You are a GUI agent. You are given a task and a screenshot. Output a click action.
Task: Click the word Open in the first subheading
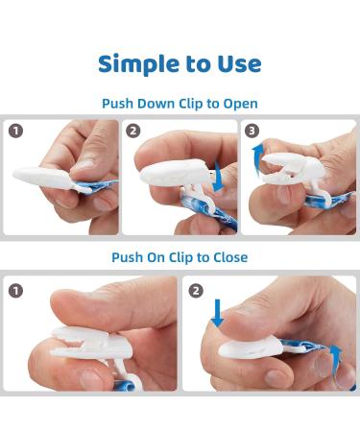pyautogui.click(x=240, y=104)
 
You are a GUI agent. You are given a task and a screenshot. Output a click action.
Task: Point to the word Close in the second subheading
pyautogui.click(x=230, y=257)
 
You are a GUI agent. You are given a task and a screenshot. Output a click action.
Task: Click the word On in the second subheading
pyautogui.click(x=156, y=257)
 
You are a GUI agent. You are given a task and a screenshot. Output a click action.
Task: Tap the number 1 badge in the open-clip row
pyautogui.click(x=15, y=131)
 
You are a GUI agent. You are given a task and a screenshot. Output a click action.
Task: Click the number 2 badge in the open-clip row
pyautogui.click(x=133, y=131)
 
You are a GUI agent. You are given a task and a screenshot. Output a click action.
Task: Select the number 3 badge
pyautogui.click(x=252, y=131)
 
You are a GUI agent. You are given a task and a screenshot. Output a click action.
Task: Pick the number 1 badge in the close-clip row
pyautogui.click(x=15, y=291)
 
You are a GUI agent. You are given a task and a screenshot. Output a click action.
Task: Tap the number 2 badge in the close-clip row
pyautogui.click(x=196, y=291)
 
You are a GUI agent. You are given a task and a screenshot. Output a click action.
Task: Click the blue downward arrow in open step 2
pyautogui.click(x=219, y=177)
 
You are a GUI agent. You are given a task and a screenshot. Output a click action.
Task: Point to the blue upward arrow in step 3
pyautogui.click(x=257, y=160)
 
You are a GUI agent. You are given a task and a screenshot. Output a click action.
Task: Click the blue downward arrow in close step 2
pyautogui.click(x=217, y=313)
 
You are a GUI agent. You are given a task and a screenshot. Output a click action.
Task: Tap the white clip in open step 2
pyautogui.click(x=180, y=180)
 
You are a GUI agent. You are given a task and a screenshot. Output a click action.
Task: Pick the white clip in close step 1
pyautogui.click(x=93, y=348)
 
